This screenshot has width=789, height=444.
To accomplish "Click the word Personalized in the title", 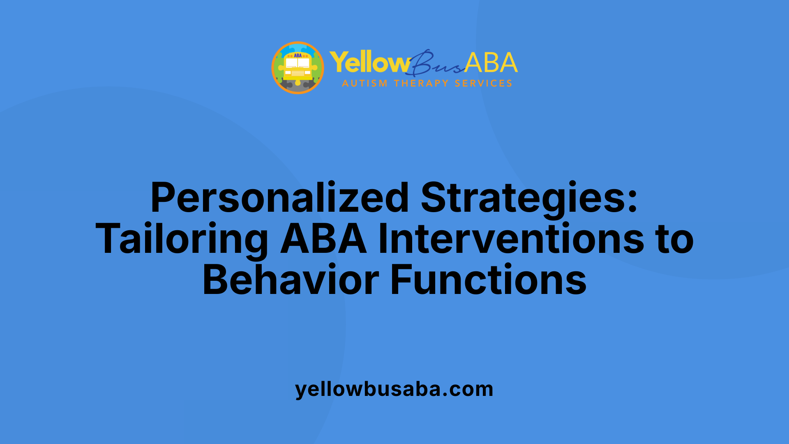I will point(279,198).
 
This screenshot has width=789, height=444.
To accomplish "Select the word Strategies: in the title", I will point(529,198).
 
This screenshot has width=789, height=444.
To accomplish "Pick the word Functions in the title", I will point(488,280).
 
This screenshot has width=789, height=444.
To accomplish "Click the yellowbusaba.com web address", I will point(394,389).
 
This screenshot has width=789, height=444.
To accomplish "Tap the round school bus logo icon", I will point(298,68).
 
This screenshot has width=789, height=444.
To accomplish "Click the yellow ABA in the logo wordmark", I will point(491,62).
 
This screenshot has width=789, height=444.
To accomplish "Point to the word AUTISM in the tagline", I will point(365,83).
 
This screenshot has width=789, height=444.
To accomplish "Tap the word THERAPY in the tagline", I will point(421,83).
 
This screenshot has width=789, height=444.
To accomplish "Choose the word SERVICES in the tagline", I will point(483,83).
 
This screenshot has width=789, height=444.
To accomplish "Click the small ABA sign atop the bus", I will point(298,55).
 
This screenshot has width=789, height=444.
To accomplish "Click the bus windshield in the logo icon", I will point(298,63).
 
